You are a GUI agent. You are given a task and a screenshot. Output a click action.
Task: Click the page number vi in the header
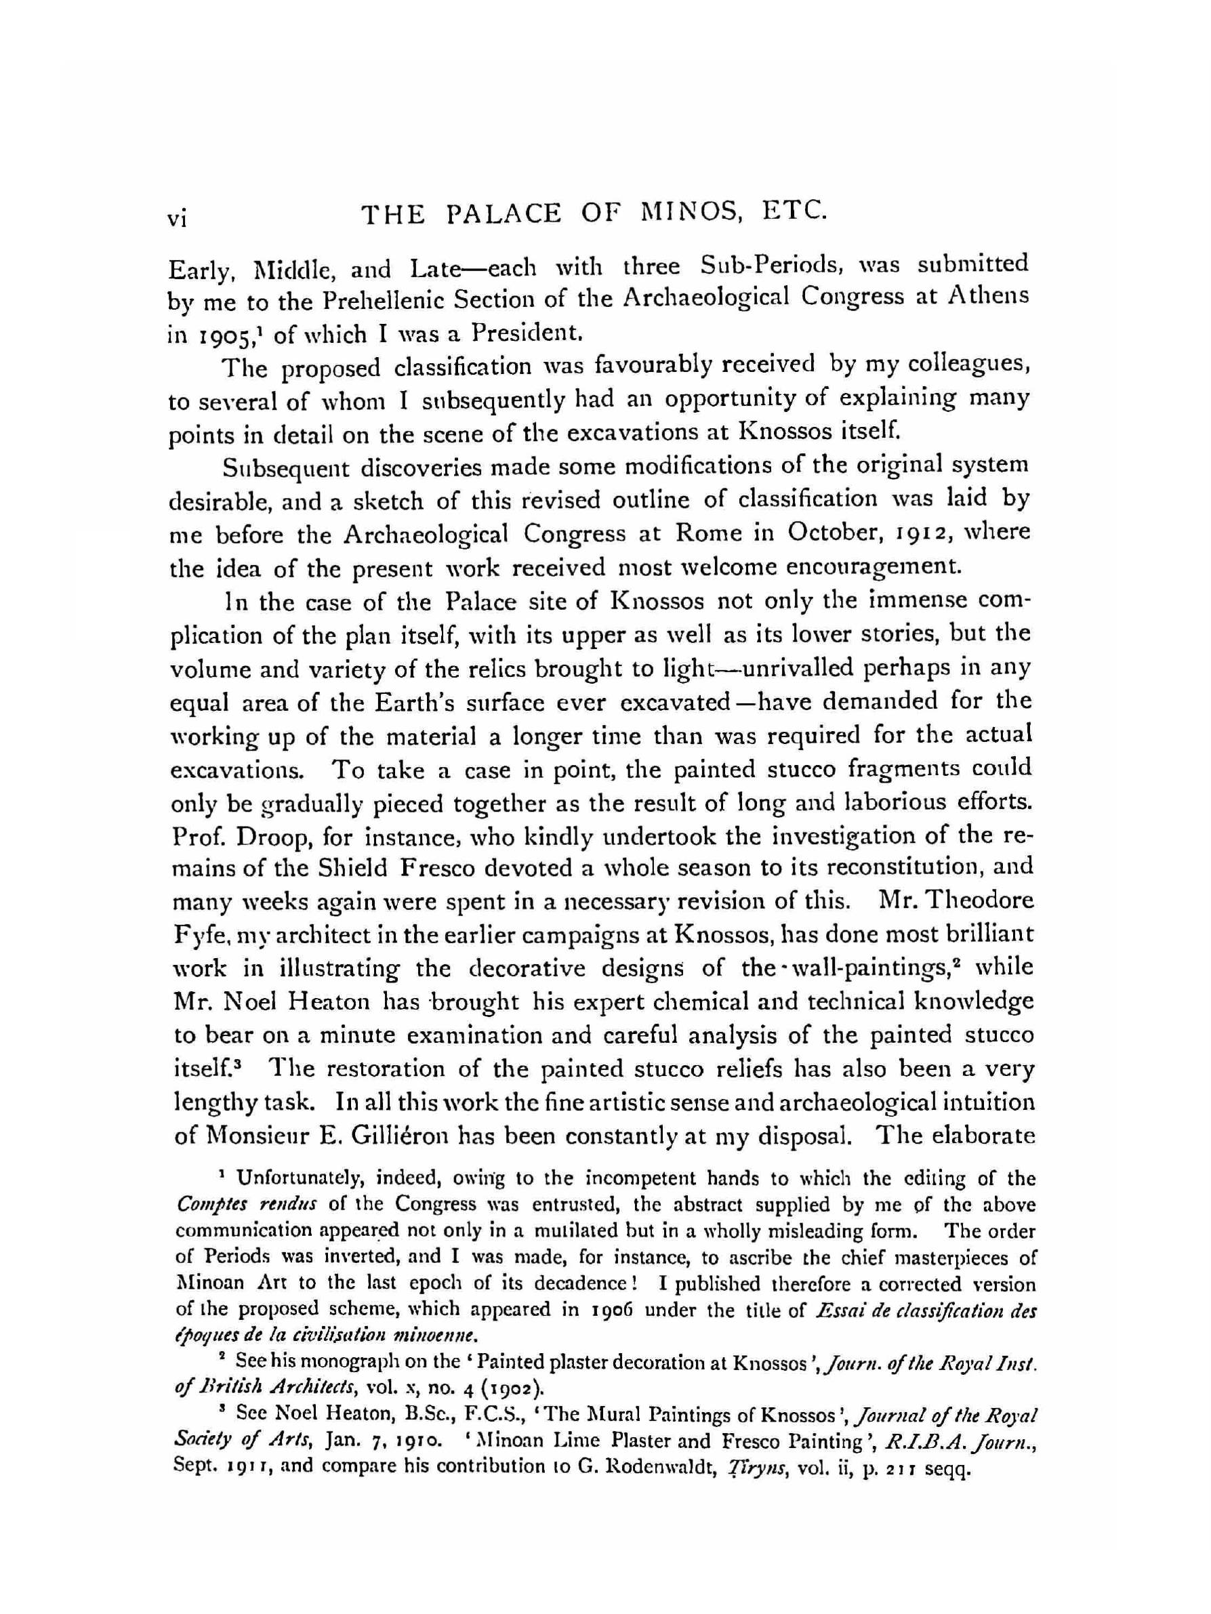pyautogui.click(x=178, y=219)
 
